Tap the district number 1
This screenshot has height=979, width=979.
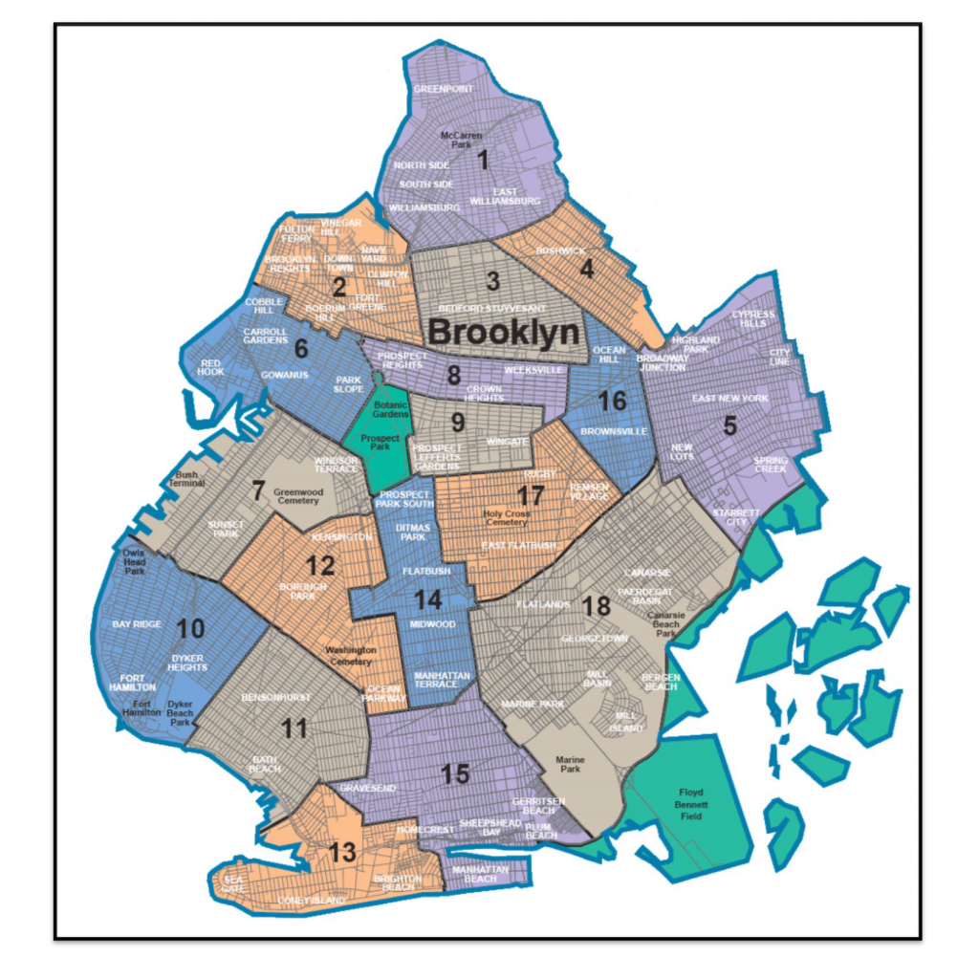tap(484, 161)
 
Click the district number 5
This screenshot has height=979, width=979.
tap(729, 427)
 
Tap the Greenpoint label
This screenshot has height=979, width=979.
tap(444, 89)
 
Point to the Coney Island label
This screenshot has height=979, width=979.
tap(310, 899)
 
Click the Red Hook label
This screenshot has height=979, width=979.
tap(211, 369)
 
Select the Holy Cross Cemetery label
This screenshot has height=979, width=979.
tap(506, 517)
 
